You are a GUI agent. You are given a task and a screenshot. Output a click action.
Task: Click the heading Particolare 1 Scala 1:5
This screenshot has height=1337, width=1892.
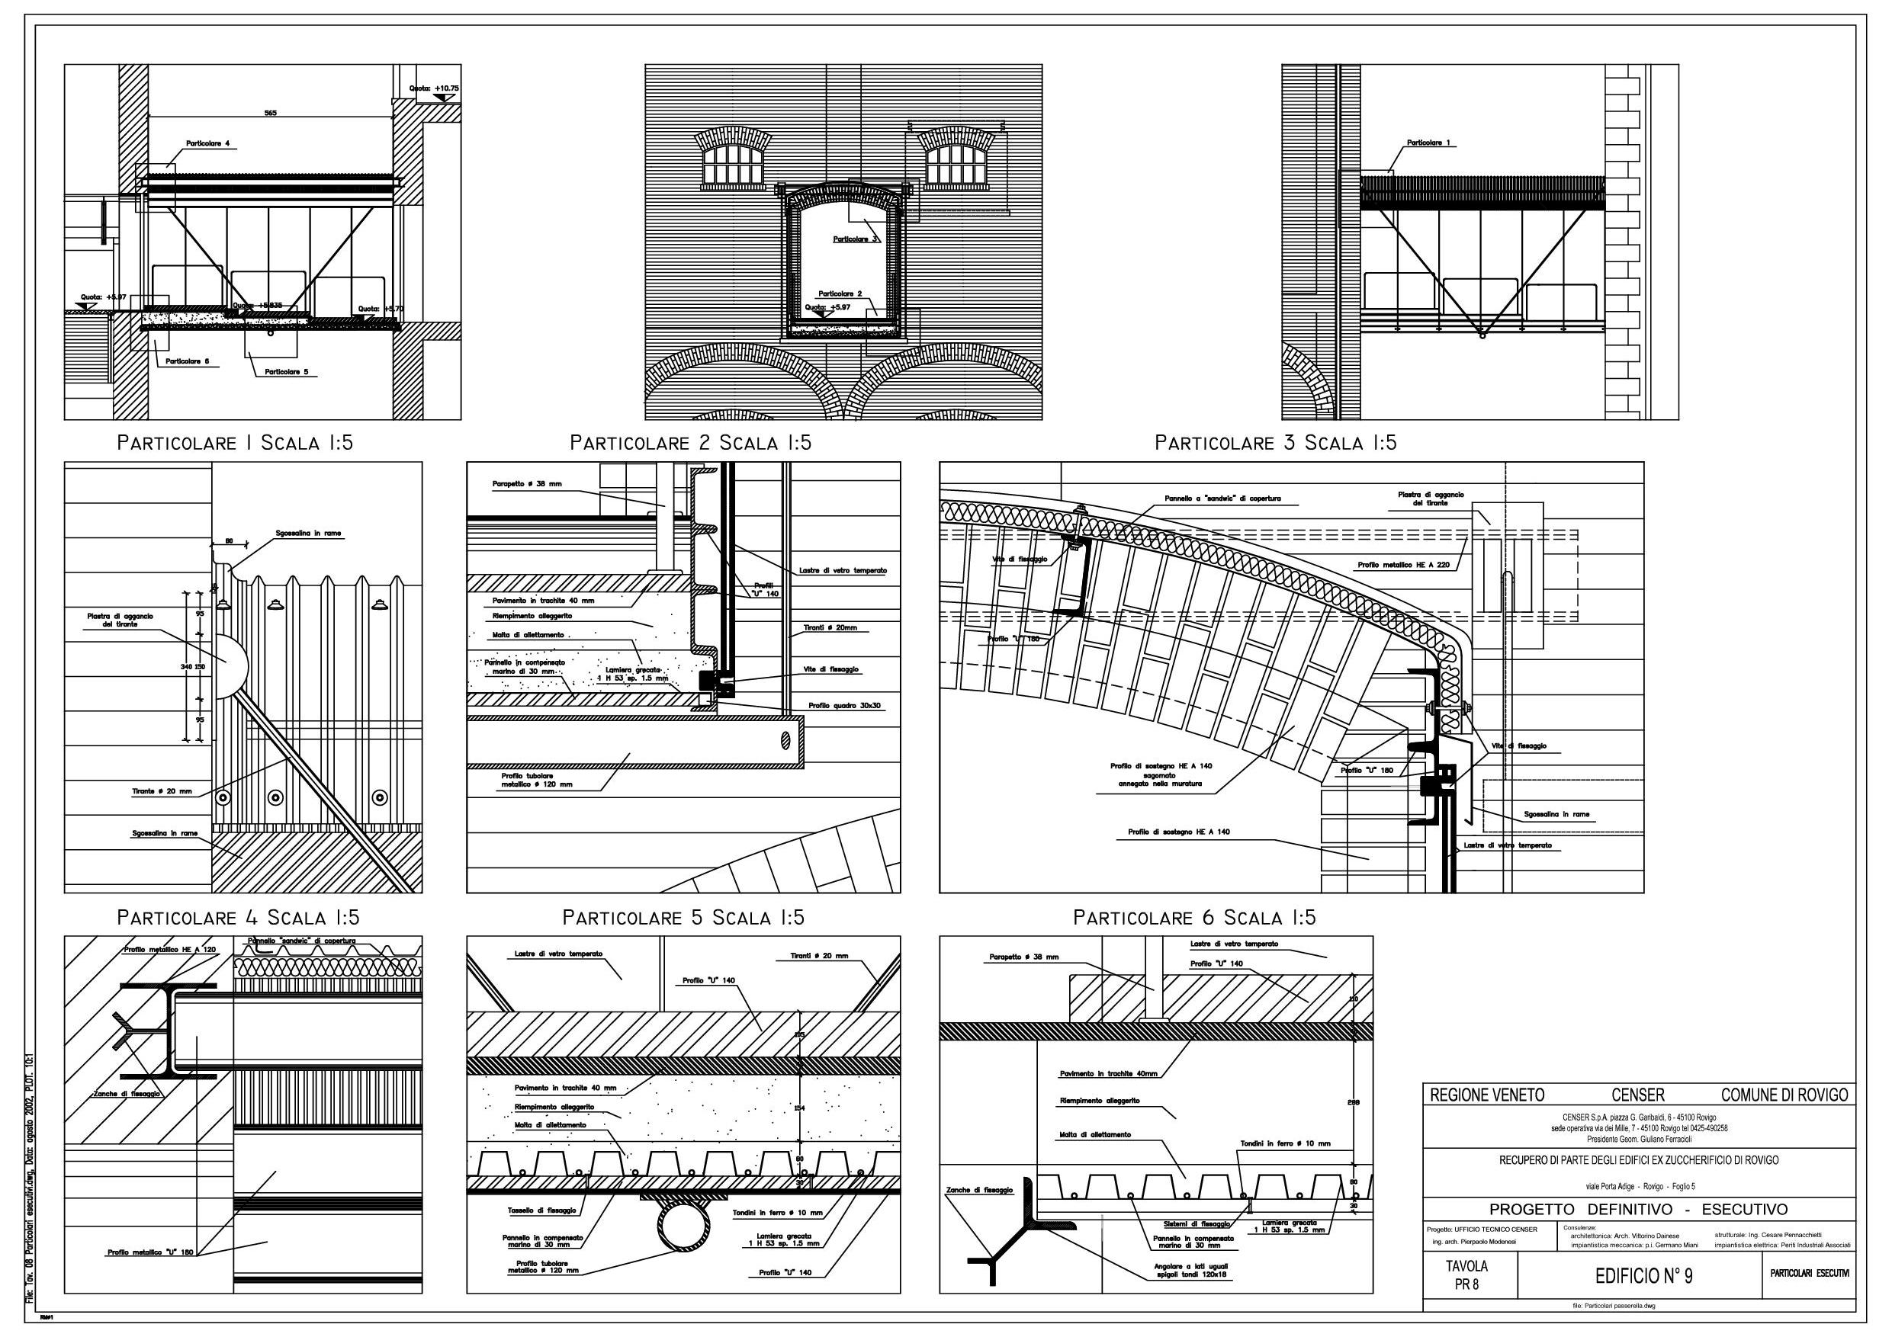235,443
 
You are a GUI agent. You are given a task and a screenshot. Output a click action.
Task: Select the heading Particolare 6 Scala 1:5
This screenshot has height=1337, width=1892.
1194,918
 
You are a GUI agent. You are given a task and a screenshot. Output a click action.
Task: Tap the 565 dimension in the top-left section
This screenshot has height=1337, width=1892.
270,113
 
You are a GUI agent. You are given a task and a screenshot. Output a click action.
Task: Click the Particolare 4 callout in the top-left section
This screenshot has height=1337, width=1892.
207,144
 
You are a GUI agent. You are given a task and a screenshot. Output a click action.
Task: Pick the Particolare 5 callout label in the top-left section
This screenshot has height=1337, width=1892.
286,372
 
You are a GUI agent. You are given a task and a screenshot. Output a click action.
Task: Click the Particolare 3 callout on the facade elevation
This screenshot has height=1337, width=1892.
855,239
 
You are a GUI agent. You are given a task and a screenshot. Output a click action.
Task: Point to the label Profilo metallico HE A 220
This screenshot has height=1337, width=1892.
1403,566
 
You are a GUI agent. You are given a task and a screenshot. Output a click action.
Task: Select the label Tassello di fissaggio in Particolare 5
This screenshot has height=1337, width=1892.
541,1211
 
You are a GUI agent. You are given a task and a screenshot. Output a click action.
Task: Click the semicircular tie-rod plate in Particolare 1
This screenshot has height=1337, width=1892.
231,666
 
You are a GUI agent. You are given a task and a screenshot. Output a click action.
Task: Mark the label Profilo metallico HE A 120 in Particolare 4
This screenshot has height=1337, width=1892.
170,950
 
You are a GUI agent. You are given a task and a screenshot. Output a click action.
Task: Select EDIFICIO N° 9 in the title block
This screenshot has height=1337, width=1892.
1643,1276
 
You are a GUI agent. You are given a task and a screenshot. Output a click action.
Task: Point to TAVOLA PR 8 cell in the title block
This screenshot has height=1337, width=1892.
1466,1275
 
